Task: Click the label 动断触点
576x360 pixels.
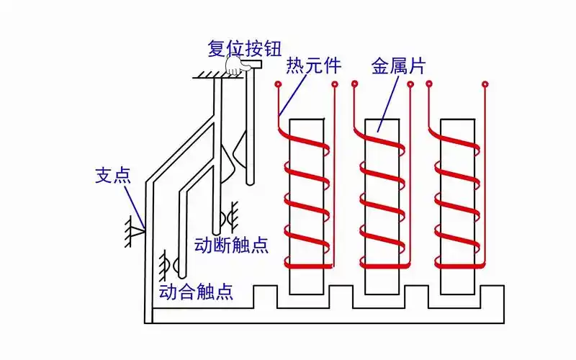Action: coord(232,245)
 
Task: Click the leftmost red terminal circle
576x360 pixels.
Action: coord(278,85)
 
